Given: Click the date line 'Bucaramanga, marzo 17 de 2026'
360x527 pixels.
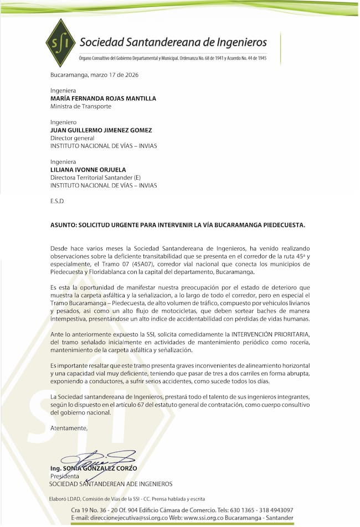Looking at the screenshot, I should [x=94, y=75].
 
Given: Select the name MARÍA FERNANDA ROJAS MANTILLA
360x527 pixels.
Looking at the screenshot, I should [x=103, y=99].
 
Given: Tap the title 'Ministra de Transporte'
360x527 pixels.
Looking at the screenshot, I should [x=80, y=106].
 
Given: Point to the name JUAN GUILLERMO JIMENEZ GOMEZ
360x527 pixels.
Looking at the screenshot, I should [x=101, y=130].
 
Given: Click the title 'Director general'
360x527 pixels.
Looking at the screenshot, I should [x=72, y=138].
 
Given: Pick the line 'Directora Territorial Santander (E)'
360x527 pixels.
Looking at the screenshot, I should [x=95, y=178].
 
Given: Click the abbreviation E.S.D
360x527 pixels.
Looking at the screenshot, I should [x=57, y=201].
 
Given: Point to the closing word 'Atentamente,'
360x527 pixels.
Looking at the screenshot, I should [x=69, y=428].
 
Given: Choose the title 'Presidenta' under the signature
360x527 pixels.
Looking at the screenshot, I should [x=65, y=476].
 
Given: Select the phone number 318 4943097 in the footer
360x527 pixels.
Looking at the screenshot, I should [x=273, y=510].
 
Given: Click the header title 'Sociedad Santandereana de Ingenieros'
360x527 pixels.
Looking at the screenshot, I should [x=173, y=42].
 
